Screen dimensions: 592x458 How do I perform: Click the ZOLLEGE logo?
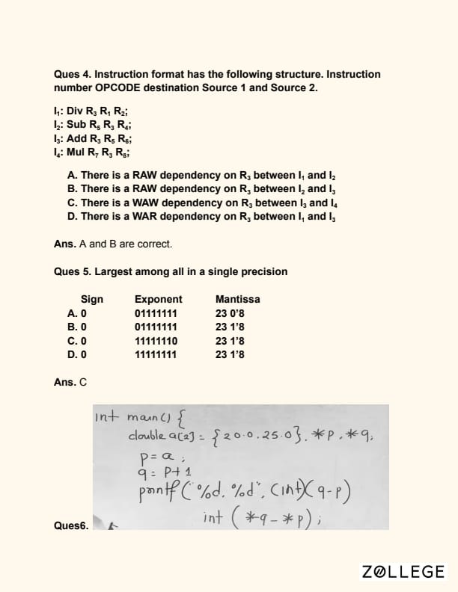403,572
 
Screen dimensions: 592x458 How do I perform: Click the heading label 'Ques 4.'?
72,75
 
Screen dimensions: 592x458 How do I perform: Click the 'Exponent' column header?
158,300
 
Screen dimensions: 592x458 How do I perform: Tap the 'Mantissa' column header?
237,300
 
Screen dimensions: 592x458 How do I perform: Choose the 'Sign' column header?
92,300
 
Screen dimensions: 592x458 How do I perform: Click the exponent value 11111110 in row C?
156,341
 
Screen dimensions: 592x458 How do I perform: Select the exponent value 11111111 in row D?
156,354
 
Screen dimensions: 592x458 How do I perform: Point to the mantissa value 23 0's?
230,313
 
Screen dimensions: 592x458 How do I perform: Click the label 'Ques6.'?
71,525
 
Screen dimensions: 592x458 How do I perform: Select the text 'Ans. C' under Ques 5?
70,382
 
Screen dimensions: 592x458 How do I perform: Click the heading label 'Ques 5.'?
72,271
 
